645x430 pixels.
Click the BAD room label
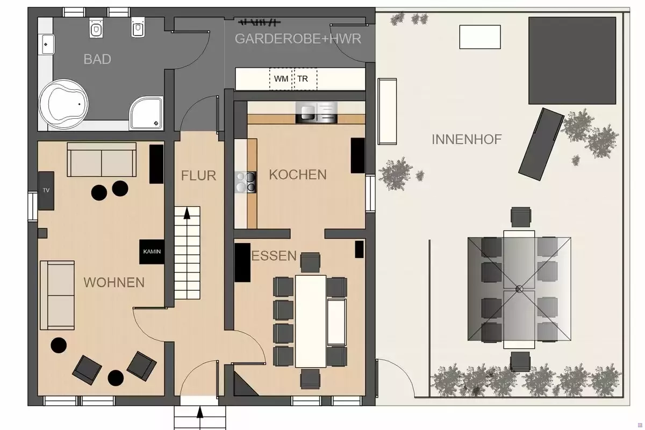97,59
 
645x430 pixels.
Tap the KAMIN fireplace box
152,252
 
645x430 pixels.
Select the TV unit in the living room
46,191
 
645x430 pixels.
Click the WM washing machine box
281,79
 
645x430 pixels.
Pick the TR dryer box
305,79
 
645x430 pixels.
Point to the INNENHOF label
467,139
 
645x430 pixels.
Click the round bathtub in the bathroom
63,104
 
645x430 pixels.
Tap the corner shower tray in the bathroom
146,113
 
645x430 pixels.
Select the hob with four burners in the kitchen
245,182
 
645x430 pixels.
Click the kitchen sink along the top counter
317,112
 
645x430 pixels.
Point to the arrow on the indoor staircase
187,213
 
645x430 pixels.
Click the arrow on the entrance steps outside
200,412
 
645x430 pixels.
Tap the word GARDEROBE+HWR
298,39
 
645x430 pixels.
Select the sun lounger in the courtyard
541,144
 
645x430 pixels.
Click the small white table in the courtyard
480,37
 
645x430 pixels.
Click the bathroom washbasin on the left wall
48,45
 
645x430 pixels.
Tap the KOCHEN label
298,175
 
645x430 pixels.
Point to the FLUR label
198,176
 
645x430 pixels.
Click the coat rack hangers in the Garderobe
259,22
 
